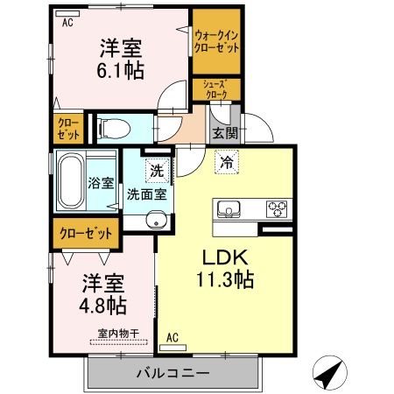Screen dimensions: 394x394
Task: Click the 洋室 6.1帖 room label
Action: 122,59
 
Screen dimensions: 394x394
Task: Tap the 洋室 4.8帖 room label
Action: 104,295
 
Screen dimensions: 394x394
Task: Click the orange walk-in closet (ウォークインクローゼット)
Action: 217,41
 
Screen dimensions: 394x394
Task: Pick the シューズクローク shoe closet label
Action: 215,88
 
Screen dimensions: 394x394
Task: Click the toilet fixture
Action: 113,130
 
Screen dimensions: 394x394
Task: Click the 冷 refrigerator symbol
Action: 227,162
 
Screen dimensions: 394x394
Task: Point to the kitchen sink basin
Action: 229,209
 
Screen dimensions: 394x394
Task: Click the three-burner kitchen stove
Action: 278,209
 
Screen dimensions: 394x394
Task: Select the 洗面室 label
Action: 147,193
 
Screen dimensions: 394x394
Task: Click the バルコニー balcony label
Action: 172,373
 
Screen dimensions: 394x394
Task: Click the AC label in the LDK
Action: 172,336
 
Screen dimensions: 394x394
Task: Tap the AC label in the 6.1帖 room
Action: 67,24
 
